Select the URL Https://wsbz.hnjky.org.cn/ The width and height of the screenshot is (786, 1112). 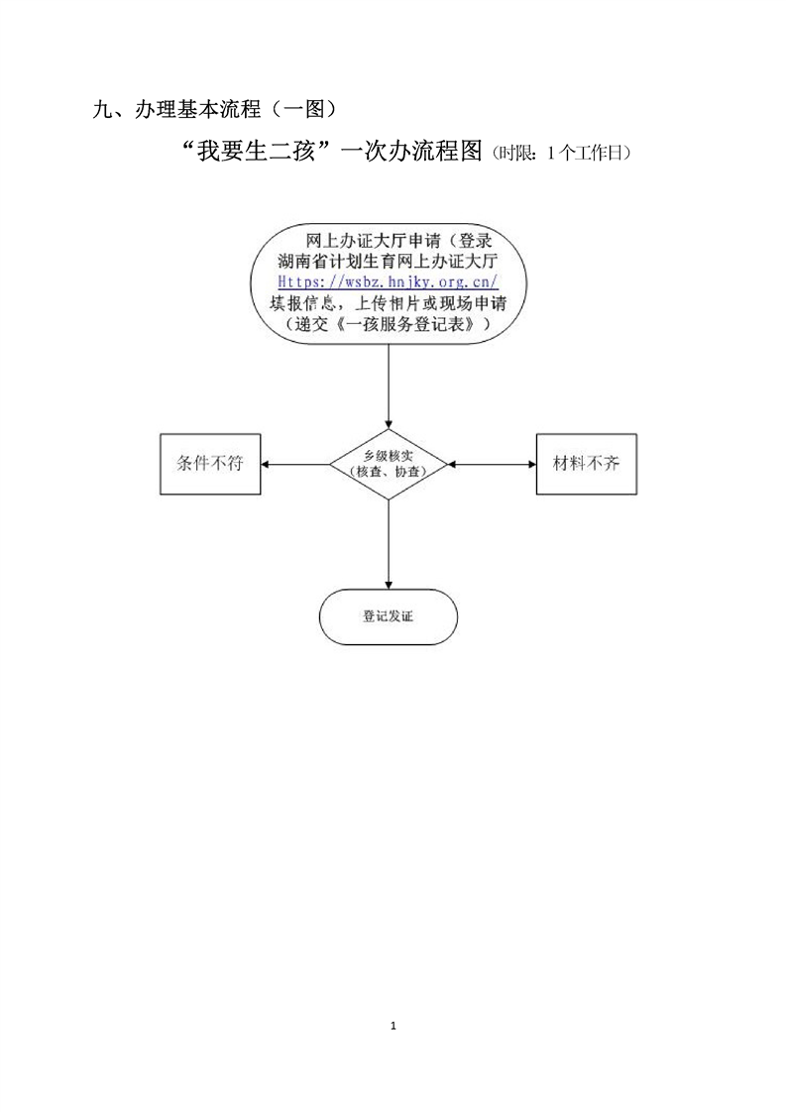pyautogui.click(x=388, y=282)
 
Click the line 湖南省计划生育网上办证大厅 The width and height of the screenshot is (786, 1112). pyautogui.click(x=388, y=262)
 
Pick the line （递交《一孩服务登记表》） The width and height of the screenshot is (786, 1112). pyautogui.click(x=388, y=324)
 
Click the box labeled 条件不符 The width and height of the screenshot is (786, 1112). pyautogui.click(x=210, y=464)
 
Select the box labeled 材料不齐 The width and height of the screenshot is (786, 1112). pyautogui.click(x=586, y=464)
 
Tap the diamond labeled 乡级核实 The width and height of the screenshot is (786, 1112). pyautogui.click(x=388, y=464)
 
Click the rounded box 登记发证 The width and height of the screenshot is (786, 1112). pyautogui.click(x=388, y=616)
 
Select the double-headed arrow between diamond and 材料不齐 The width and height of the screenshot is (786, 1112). pyautogui.click(x=492, y=464)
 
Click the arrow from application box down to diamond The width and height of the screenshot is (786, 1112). pyautogui.click(x=388, y=387)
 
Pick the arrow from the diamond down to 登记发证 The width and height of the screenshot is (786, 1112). pyautogui.click(x=388, y=545)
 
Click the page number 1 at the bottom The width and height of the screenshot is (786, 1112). pyautogui.click(x=393, y=1025)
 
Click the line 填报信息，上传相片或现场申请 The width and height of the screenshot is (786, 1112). pyautogui.click(x=388, y=303)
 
